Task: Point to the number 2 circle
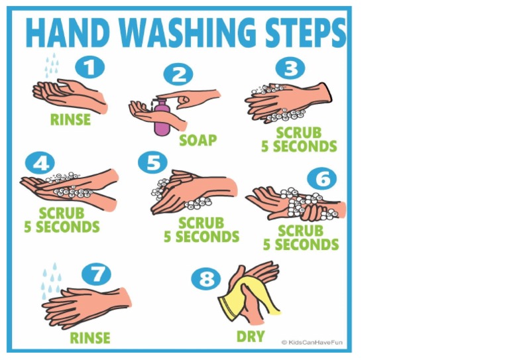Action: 178,74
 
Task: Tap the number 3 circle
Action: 290,68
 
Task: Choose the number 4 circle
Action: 40,163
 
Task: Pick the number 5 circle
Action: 153,163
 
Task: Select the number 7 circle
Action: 97,274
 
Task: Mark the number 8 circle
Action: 206,278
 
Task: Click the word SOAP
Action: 198,141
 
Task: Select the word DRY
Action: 251,337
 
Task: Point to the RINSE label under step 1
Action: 70,120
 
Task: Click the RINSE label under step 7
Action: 89,337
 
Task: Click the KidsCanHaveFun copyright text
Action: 313,343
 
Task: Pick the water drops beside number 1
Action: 51,65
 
